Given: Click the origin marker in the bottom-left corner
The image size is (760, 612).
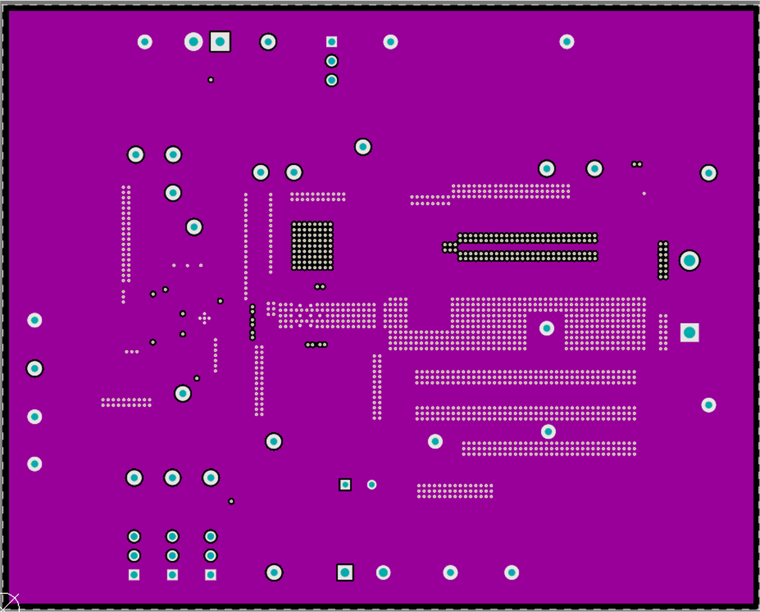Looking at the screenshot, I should point(9,602).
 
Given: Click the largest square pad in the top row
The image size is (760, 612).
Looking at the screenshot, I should point(220,42).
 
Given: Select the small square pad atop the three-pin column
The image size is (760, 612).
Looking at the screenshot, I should point(331,42).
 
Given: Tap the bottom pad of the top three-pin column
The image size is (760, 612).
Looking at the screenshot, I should point(331,80).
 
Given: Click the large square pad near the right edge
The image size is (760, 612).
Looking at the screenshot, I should point(689,332).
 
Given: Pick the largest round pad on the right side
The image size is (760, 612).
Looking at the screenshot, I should point(689,260).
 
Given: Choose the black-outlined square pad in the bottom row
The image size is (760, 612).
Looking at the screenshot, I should point(344,572).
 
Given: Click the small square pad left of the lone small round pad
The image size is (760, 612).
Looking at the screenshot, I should point(345,484).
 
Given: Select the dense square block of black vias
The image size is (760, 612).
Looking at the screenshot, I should point(312,246).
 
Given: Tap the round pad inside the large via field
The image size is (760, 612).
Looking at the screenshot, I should point(547,328).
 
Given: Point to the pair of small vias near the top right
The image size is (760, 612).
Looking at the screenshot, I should point(637,164).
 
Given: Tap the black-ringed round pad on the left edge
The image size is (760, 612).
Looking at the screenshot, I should point(35,368).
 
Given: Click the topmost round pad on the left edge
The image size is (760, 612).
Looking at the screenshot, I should point(35,320).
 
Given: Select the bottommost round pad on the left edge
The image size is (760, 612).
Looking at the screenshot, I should point(35,464).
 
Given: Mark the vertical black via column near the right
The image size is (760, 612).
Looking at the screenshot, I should point(663,260).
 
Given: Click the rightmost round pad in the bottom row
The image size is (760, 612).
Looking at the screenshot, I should point(512,572).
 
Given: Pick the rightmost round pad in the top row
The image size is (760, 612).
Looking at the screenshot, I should point(567,42).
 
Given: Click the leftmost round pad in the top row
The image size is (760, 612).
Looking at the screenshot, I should point(145,42).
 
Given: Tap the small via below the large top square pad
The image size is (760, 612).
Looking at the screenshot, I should point(211,80).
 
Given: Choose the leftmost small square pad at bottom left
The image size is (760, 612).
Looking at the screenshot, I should point(134,574).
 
